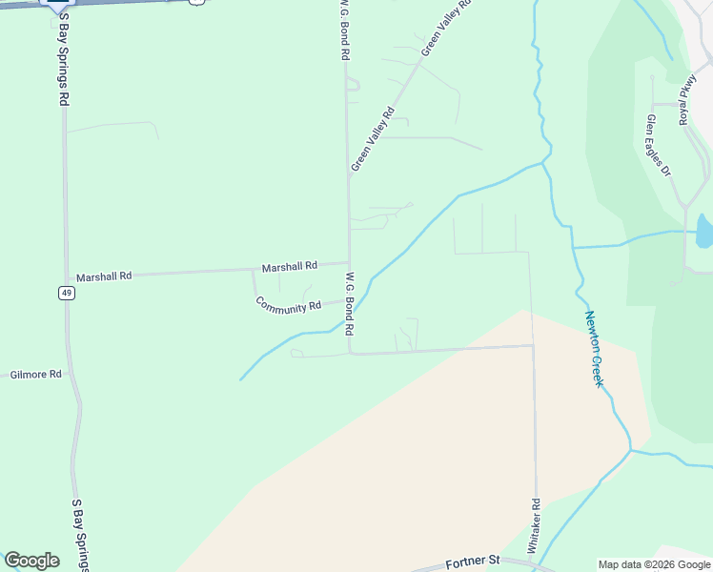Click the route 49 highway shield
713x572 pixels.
pos(66,293)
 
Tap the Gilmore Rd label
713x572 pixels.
pos(36,375)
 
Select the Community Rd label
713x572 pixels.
pos(288,305)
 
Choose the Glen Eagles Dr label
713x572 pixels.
pos(659,145)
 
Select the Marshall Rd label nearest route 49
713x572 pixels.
pos(104,276)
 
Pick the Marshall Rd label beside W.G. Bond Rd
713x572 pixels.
pos(290,266)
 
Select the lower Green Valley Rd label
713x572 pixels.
pos(373,139)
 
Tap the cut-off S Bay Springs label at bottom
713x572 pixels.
pos(80,535)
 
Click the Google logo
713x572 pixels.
pos(31,561)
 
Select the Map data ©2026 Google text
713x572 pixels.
pos(654,564)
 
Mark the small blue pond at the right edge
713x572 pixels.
pos(704,231)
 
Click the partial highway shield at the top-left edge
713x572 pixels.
pos(56,4)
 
